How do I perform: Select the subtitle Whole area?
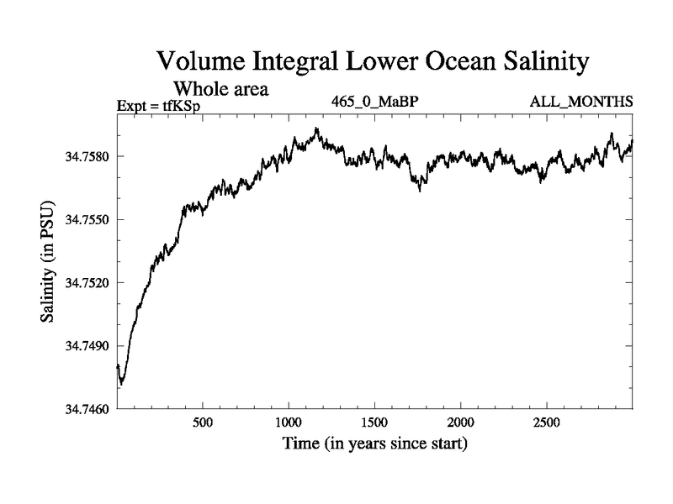tap(220, 88)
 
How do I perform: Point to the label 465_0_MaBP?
tap(374, 102)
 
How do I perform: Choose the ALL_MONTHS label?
tap(580, 102)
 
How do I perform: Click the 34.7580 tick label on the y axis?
tap(84, 156)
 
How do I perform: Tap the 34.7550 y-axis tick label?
tap(84, 219)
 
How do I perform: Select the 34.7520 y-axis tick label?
tap(84, 283)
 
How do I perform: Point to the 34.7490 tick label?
tap(84, 346)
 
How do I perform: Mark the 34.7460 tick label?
tap(84, 409)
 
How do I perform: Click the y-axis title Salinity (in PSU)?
tap(50, 262)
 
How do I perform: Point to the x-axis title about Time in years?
tap(374, 442)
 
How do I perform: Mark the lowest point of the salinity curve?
tap(122, 384)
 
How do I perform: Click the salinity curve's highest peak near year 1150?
tap(316, 129)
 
